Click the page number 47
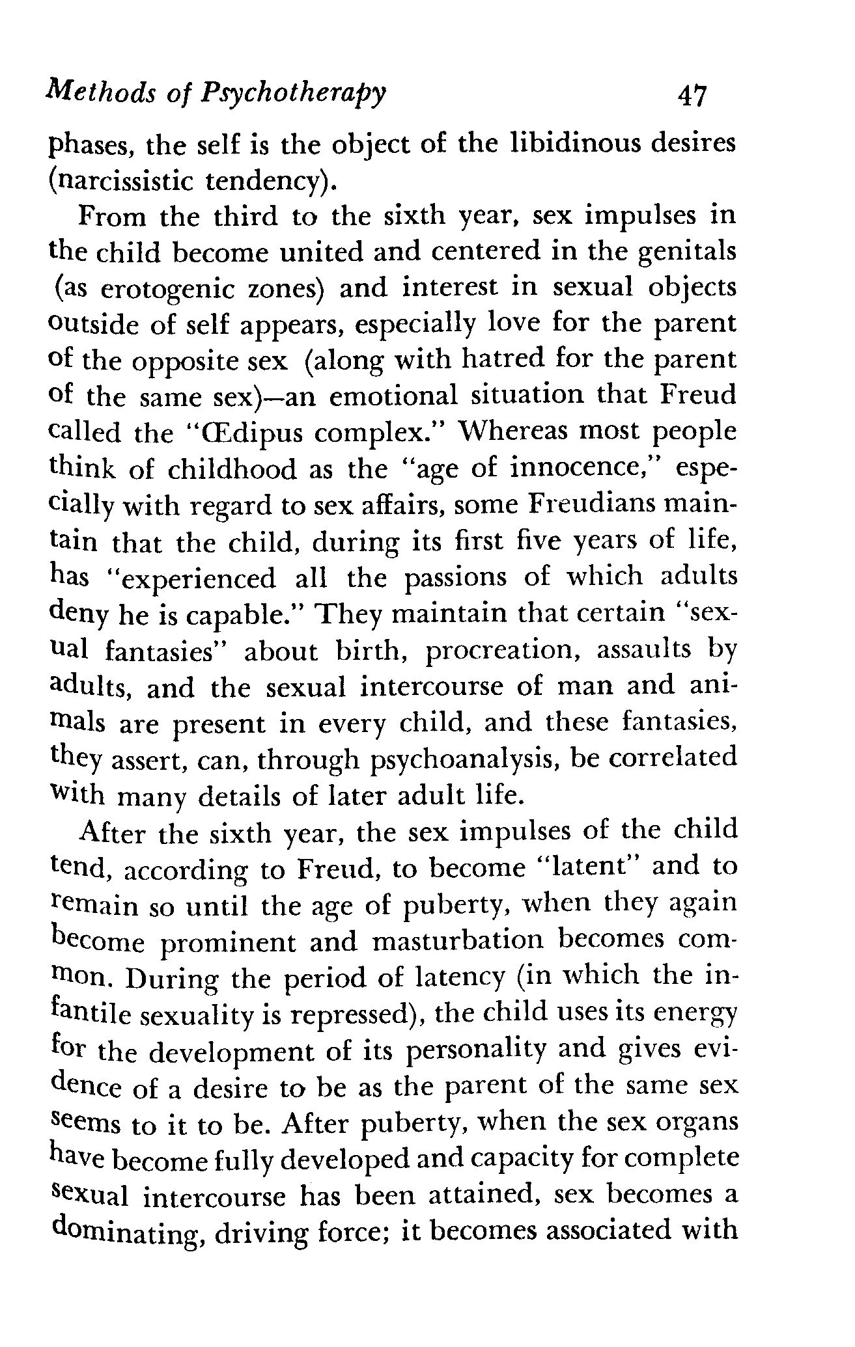(x=692, y=96)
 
